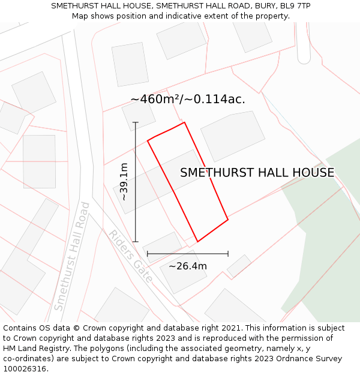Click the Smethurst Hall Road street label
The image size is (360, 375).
coord(71,256)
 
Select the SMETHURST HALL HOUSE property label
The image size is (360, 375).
coord(257,173)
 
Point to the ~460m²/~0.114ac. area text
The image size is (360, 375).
coord(188,99)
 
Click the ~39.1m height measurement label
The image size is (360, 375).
coord(124,182)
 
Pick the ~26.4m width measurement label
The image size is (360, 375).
coord(187,266)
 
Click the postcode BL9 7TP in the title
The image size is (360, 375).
coord(294,6)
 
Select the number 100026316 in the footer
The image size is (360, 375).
coord(26,369)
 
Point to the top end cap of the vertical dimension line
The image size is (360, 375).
coord(136,123)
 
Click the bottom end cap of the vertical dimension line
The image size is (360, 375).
coord(136,242)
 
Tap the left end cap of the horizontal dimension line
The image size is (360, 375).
coord(148,254)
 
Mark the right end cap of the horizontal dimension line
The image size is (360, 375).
coord(228,254)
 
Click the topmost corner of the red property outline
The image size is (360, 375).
coord(184,122)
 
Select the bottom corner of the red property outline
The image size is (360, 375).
coord(197,242)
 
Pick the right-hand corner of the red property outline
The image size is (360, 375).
coord(228,220)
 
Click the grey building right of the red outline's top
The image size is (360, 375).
coord(232,136)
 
